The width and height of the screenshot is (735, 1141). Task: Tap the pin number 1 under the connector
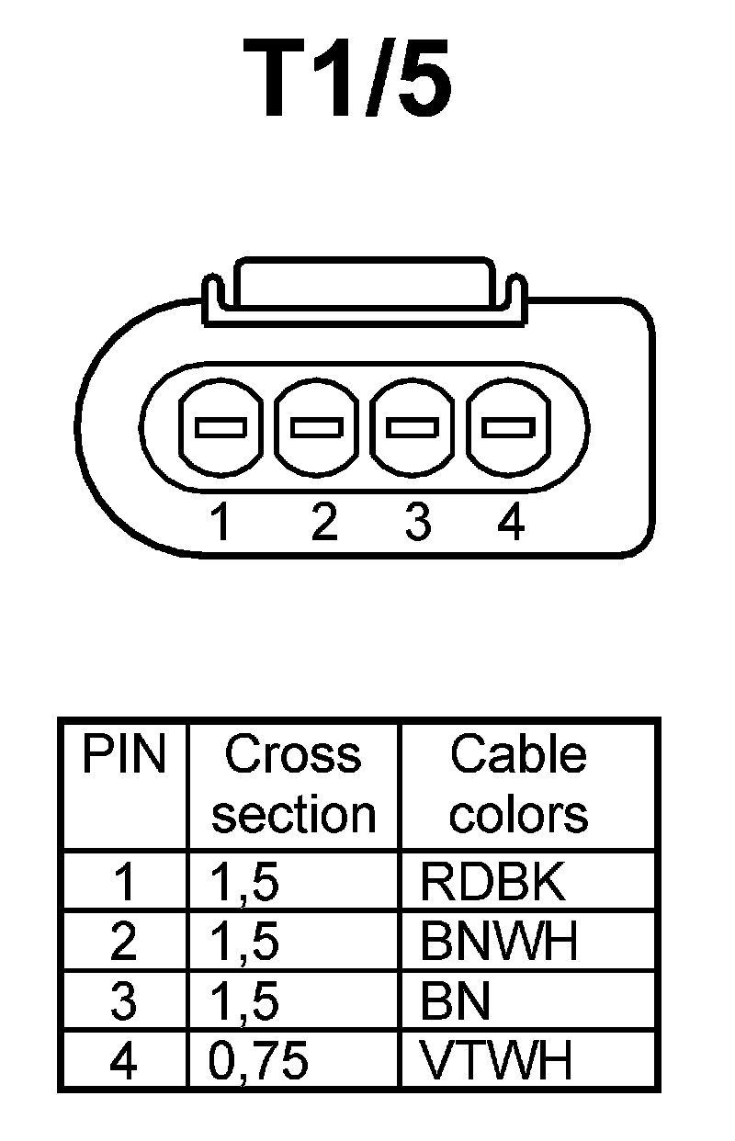point(220,523)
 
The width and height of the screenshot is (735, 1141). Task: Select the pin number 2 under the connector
point(323,523)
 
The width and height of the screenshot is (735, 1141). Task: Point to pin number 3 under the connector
point(417,523)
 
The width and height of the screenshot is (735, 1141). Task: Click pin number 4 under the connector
point(511,523)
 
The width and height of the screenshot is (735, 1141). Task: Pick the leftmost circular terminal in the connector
point(221,427)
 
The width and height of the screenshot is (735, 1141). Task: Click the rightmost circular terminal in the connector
point(509,427)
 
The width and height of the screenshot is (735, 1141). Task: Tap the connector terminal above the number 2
point(317,427)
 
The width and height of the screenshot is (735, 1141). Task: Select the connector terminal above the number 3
point(413,427)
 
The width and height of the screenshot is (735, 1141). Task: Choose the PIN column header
point(125,755)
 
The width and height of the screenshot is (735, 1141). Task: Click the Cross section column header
point(294,785)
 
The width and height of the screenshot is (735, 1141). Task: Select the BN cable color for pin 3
point(456,1002)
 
